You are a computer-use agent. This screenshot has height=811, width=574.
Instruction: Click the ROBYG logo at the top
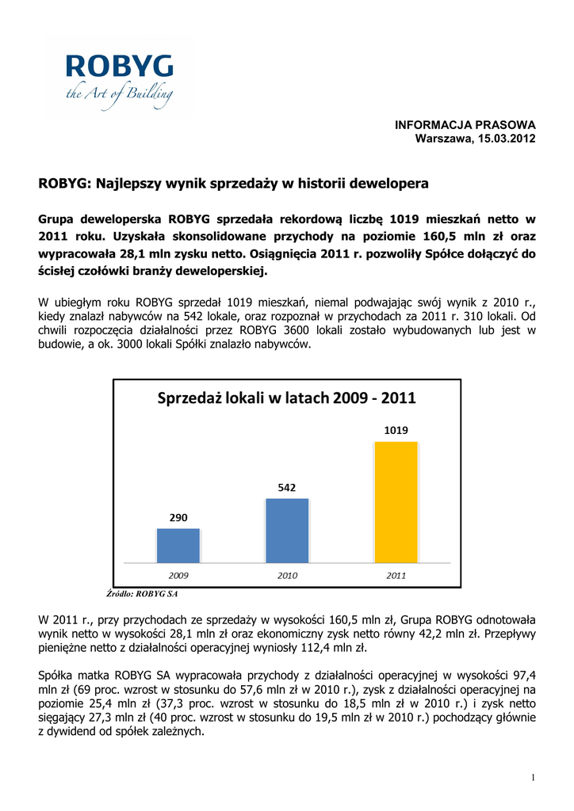pos(119,79)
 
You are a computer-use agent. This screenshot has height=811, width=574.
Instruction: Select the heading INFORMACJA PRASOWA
pos(465,125)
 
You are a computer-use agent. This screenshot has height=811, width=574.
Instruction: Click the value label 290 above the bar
pos(178,518)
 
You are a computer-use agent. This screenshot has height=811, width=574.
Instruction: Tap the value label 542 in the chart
pos(287,488)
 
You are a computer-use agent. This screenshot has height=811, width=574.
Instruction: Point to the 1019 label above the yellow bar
pos(396,431)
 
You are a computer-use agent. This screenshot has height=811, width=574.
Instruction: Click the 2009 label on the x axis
pos(178,576)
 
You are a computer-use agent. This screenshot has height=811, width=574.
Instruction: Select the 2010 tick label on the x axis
pos(287,576)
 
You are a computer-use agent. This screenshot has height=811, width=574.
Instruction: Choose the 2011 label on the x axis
pos(396,576)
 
